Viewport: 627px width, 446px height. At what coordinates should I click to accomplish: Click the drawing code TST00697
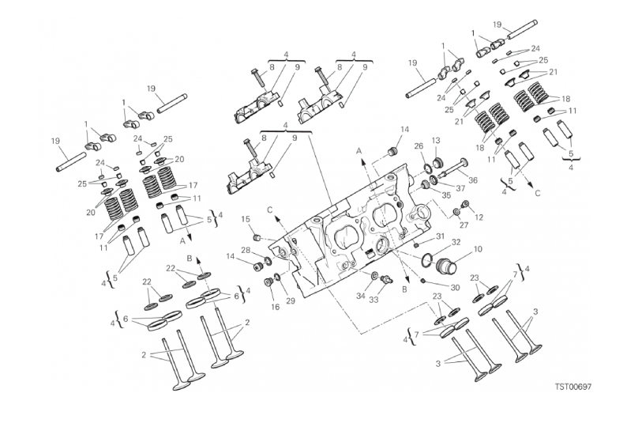[573, 387]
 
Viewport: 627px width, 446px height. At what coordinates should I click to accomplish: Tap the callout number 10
[478, 249]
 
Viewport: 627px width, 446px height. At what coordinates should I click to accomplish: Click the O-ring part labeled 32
[426, 259]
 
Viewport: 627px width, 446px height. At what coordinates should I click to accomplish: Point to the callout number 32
[456, 242]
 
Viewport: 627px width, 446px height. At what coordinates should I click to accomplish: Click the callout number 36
[473, 180]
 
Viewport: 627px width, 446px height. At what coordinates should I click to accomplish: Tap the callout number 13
[435, 141]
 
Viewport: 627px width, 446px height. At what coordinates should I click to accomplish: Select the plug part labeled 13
[437, 162]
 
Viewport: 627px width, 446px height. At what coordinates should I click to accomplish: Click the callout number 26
[419, 147]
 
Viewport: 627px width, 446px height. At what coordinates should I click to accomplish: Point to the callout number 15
[246, 218]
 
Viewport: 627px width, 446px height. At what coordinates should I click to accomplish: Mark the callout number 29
[291, 300]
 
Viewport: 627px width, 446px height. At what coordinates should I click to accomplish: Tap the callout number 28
[246, 250]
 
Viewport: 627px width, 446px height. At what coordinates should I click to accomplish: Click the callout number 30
[455, 288]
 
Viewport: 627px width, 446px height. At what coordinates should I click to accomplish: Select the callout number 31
[440, 236]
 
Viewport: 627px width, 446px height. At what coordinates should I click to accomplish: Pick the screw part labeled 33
[385, 279]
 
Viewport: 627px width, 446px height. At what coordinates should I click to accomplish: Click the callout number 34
[361, 296]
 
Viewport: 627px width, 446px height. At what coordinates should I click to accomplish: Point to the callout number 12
[479, 217]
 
